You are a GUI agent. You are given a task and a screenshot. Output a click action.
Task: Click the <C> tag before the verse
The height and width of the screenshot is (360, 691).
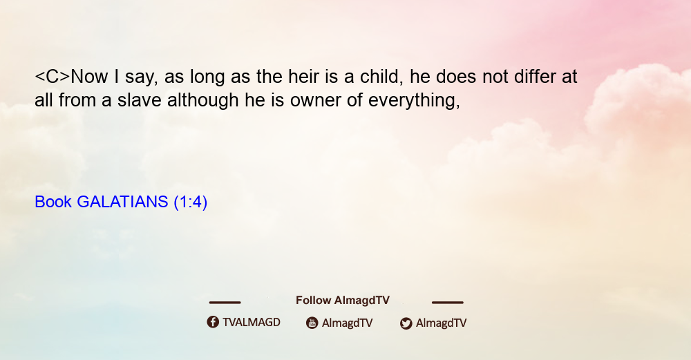tap(53, 77)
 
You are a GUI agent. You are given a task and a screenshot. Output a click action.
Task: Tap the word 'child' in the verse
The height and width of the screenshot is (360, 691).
tap(381, 77)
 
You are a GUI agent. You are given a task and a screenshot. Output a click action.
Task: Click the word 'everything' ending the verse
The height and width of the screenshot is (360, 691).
tap(414, 101)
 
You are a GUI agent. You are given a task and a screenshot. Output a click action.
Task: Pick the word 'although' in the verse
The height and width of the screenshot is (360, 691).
tap(203, 101)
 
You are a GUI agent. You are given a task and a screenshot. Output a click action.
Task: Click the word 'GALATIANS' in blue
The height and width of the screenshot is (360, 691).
tap(122, 202)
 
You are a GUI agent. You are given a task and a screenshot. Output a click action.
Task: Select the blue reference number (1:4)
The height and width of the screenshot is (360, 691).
tap(191, 202)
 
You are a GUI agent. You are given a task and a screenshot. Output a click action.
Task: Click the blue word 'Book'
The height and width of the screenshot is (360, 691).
tap(53, 202)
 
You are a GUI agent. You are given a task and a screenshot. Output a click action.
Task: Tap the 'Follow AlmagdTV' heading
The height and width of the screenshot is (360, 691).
tap(343, 301)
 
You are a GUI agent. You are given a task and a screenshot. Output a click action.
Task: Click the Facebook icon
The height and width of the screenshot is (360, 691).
tap(213, 322)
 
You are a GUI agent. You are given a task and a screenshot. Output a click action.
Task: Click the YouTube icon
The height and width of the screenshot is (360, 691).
tap(312, 323)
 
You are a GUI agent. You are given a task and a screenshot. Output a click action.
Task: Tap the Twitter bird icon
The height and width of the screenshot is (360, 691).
tap(406, 323)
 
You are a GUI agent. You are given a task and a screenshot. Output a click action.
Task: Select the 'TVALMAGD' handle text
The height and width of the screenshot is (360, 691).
tap(252, 323)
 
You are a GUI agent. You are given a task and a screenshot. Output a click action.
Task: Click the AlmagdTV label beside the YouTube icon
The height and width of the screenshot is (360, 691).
tap(348, 323)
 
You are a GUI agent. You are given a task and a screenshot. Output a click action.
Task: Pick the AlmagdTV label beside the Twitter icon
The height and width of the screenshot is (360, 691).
tap(441, 323)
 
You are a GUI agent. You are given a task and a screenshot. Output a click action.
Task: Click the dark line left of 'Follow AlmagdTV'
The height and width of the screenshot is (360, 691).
tap(225, 303)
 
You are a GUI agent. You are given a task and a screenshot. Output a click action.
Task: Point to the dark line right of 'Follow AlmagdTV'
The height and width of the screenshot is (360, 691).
tap(448, 303)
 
